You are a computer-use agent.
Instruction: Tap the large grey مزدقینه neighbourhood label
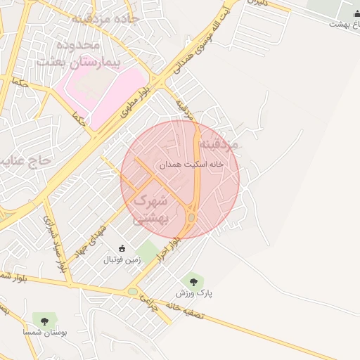point(219,144)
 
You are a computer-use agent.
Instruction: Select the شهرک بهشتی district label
point(150,209)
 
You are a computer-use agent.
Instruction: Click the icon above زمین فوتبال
point(122,248)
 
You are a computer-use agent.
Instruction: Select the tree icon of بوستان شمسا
point(44,320)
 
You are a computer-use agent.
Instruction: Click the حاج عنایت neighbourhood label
point(26,161)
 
